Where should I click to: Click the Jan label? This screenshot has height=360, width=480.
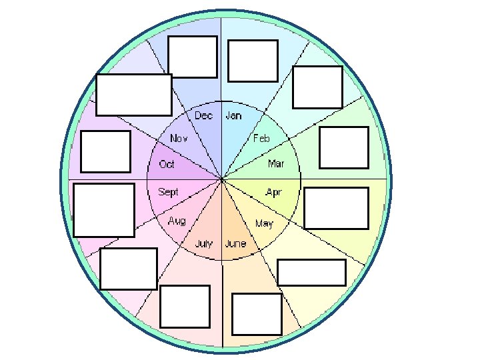pos(234,116)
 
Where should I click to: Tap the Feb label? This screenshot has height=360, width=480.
pos(261,139)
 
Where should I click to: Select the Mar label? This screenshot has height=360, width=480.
pos(276,163)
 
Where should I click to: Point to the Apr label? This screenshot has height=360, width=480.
pos(273,192)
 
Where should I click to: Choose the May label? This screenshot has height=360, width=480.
pos(264,223)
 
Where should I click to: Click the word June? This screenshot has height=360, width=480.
pos(235,243)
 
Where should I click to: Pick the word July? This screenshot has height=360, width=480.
pos(203,243)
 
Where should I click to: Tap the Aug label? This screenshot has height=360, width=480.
pos(177,221)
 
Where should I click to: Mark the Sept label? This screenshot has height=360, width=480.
pos(168,192)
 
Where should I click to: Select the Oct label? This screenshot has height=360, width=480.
pos(167,164)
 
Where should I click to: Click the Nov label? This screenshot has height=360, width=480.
pos(179,139)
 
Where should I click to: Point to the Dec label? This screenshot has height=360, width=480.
pos(203,116)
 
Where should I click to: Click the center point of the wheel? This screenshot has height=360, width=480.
pos(221,179)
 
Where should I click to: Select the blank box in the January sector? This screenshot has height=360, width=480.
pos(253,61)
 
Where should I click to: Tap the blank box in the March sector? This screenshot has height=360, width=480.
pos(344,147)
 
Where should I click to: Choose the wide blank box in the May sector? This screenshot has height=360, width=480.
pos(311,273)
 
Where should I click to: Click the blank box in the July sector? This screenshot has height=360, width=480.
pos(185,306)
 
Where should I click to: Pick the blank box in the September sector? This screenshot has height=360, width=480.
pos(104,210)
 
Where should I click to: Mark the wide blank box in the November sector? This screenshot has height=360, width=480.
pos(134,95)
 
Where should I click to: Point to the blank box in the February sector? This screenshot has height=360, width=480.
pos(318,87)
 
